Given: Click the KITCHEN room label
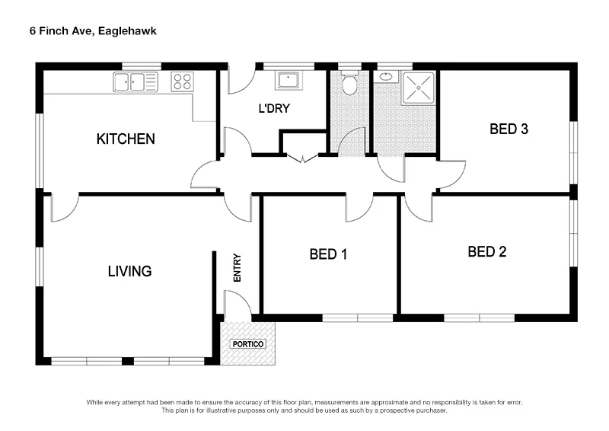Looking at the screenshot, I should tap(126, 139).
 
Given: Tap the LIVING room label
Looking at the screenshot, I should tap(129, 270).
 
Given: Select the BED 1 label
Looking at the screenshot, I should tap(328, 254).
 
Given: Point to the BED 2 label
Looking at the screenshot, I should tap(487, 251).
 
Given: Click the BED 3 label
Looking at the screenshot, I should tap(509, 129).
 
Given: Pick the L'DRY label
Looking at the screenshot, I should tap(274, 108).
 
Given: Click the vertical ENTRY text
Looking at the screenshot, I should tap(237, 268).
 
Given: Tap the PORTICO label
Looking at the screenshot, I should tap(248, 344).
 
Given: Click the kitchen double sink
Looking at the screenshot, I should tap(136, 81).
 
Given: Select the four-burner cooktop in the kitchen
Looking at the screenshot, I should tap(182, 81).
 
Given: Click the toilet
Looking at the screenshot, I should tap(349, 83).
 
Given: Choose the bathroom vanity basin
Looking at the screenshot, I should tap(386, 76).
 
